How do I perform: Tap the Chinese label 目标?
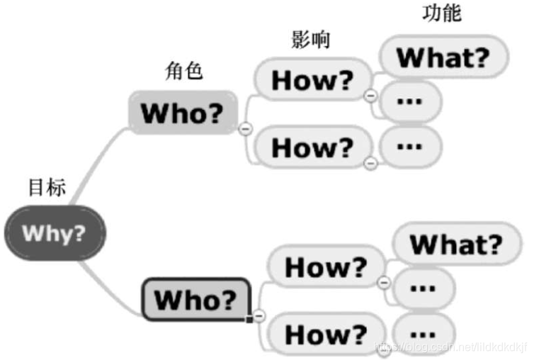tap(47, 188)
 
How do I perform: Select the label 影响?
tap(310, 40)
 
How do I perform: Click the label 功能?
tap(441, 13)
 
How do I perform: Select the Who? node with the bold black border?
tap(195, 298)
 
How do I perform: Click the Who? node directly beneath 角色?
tap(181, 113)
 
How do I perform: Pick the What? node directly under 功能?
tap(443, 57)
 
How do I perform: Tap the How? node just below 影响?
tap(312, 80)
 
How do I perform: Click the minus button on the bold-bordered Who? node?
tap(259, 315)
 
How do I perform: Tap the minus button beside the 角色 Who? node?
tap(246, 128)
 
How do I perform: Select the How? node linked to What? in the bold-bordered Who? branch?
tap(325, 267)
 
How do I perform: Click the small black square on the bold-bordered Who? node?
tap(249, 320)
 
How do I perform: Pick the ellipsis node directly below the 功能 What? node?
tap(409, 101)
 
